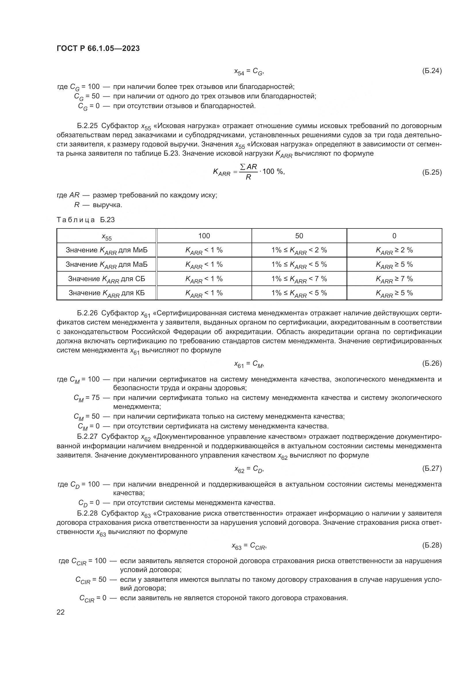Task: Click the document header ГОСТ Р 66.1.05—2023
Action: point(98,48)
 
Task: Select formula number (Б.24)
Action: point(432,71)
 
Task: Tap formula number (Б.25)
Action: point(432,172)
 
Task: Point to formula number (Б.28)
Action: point(432,545)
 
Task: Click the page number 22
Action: point(60,612)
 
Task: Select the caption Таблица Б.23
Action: point(85,220)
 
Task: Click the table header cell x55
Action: point(106,236)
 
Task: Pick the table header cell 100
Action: point(204,236)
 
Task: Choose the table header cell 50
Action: point(299,236)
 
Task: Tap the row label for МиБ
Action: point(106,250)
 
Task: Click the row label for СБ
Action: point(106,279)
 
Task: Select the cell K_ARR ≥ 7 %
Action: point(394,279)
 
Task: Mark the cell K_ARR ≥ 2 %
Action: point(394,250)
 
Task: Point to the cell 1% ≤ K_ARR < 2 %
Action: point(299,250)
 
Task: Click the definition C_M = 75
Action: point(86,398)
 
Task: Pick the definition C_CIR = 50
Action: point(91,580)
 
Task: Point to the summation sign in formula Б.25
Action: point(243,167)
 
